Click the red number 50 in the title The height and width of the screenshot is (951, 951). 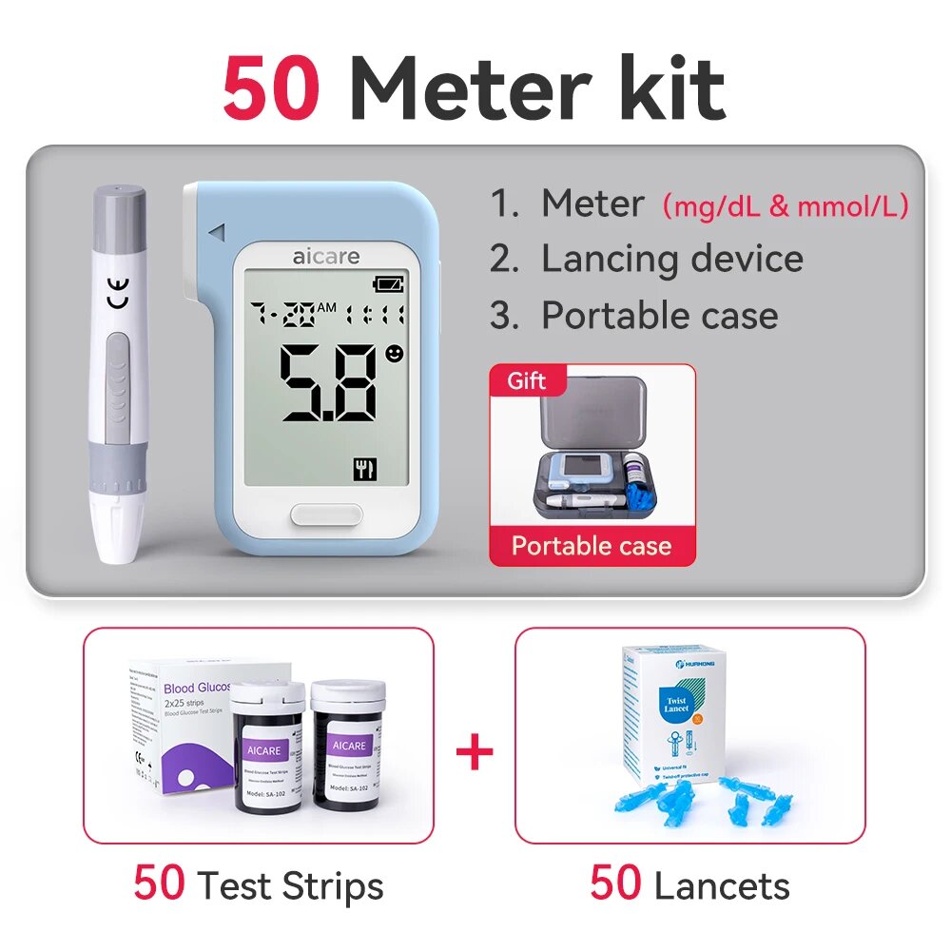pyautogui.click(x=270, y=89)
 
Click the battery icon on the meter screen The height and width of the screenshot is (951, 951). pyautogui.click(x=388, y=283)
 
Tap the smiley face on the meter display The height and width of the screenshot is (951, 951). pyautogui.click(x=395, y=354)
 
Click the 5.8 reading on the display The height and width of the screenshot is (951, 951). pyautogui.click(x=328, y=383)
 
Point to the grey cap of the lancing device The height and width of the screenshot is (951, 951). pyautogui.click(x=120, y=209)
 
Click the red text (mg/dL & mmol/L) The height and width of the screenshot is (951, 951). pyautogui.click(x=785, y=205)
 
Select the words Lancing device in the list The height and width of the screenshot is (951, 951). pyautogui.click(x=671, y=259)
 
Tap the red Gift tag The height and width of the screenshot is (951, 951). pyautogui.click(x=527, y=381)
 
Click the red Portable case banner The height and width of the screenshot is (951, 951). pyautogui.click(x=592, y=546)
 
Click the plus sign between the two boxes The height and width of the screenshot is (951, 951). pyautogui.click(x=475, y=753)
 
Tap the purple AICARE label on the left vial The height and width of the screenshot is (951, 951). pyautogui.click(x=263, y=750)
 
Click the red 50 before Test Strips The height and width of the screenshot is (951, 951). pyautogui.click(x=159, y=883)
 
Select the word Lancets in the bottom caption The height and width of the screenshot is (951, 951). pyautogui.click(x=722, y=886)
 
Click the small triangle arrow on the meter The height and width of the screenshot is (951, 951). pyautogui.click(x=217, y=231)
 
